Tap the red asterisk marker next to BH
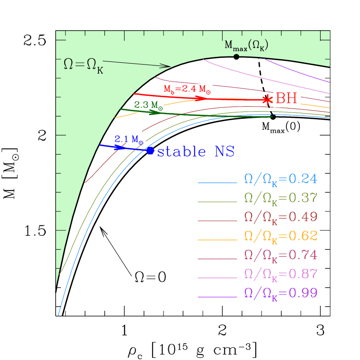point(268,100)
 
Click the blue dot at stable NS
point(150,150)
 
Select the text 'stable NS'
point(196,152)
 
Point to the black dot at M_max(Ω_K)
point(236,56)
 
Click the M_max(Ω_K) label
point(246,45)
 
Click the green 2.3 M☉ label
point(149,105)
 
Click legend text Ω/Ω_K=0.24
point(281,179)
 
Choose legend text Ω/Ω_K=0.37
point(281,198)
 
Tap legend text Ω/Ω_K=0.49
point(281,217)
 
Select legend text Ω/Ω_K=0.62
point(281,236)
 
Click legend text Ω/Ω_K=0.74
point(281,255)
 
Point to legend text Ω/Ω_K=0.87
point(281,274)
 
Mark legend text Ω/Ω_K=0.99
point(281,293)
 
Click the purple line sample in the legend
point(217,297)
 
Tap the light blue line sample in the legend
point(217,183)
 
